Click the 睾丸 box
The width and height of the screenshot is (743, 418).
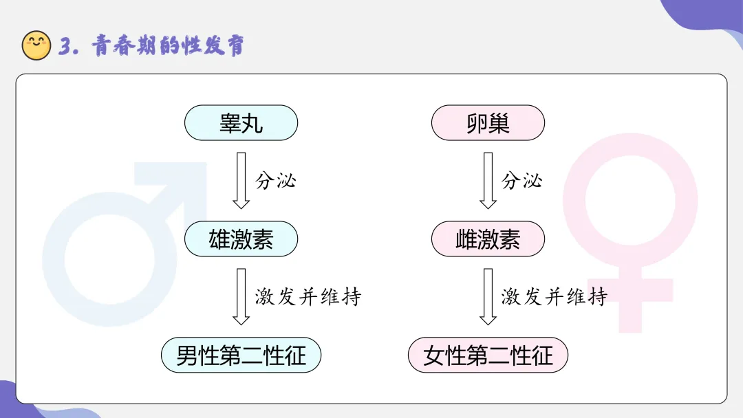point(241,124)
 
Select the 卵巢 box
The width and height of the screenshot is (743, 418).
point(488,124)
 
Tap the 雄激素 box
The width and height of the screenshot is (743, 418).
point(241,239)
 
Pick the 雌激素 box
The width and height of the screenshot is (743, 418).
point(488,239)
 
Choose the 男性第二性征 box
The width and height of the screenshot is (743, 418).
point(241,355)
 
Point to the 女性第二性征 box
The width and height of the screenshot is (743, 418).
point(488,355)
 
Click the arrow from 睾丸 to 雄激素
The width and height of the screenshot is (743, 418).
point(241,180)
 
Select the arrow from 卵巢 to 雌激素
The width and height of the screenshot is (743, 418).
point(488,180)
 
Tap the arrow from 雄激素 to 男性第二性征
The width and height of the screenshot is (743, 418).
point(241,296)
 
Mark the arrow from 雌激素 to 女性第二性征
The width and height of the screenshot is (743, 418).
point(488,296)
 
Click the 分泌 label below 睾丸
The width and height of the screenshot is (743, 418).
point(276,181)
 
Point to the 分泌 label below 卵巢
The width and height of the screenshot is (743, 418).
point(522,181)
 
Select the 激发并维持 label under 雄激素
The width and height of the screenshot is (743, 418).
point(308,297)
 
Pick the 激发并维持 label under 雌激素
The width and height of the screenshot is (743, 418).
point(554,297)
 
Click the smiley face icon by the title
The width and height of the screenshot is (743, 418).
point(36,45)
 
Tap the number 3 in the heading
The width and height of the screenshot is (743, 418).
point(67,46)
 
